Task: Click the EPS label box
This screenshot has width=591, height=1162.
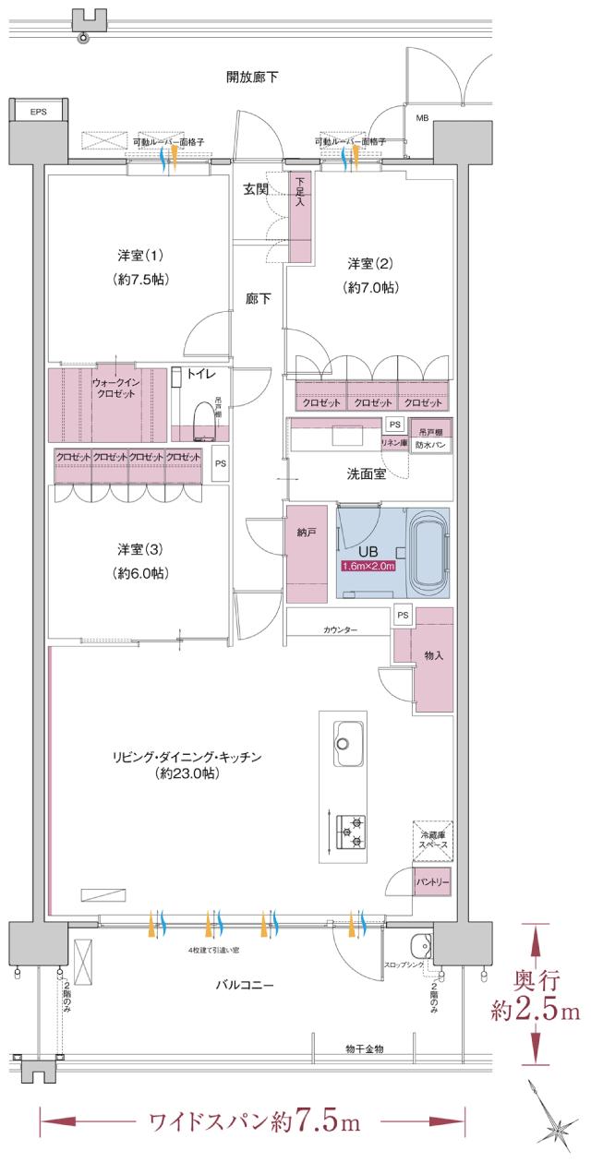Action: [37, 112]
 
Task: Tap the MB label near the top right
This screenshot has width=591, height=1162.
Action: [422, 118]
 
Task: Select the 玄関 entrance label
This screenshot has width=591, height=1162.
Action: [256, 189]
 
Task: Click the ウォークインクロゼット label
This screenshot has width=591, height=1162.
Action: [115, 388]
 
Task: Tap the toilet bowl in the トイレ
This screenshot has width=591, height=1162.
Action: [202, 420]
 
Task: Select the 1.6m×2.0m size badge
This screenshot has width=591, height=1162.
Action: [368, 567]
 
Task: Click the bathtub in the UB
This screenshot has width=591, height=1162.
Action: [426, 555]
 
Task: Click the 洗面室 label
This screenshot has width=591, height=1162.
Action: [366, 473]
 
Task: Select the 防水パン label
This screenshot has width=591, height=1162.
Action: [431, 444]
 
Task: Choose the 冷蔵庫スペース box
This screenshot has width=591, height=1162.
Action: [431, 841]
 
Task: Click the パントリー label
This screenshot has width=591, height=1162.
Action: [431, 882]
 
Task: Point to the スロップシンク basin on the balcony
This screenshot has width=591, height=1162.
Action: [419, 946]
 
